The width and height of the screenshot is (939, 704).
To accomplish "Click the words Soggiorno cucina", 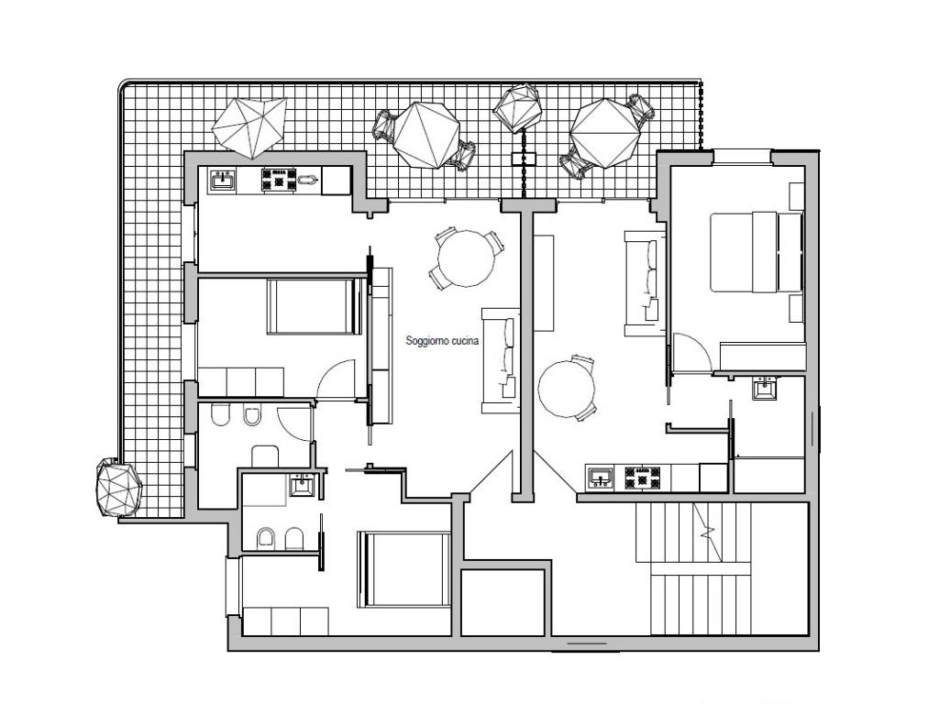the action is (442, 341).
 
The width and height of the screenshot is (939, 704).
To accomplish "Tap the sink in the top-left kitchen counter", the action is (222, 180).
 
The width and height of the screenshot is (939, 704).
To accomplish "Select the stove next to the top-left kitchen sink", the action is (279, 180).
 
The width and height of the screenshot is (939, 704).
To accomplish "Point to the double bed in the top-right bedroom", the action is (757, 251).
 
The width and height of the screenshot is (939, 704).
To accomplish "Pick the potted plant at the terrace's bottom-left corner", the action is (119, 488).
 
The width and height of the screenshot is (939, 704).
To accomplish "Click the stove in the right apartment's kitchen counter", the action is (643, 478).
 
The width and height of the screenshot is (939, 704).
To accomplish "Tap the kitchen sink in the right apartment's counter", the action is (600, 478).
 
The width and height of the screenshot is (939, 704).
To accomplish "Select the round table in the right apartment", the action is (567, 388).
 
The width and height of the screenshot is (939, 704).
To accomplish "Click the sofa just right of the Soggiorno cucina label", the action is (501, 360).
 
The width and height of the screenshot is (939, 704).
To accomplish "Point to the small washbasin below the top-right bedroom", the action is (764, 388).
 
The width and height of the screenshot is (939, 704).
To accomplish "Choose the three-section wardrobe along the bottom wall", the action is (286, 621).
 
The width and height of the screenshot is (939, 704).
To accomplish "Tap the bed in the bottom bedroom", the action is (404, 568).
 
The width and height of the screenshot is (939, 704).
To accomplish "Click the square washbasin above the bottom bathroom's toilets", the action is (301, 485).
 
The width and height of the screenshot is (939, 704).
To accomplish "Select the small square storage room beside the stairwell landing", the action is (503, 602).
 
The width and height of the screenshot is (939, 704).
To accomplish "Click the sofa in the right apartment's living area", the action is (645, 283).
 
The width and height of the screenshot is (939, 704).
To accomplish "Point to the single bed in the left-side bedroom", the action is (315, 306).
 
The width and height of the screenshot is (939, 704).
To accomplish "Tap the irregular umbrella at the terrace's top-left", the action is (249, 126).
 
